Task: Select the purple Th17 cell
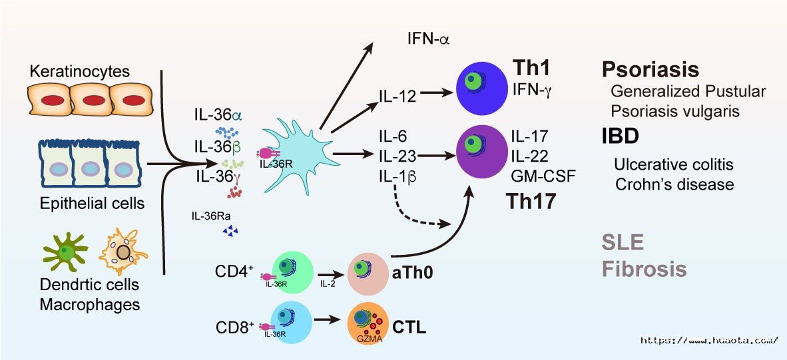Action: coord(482,152)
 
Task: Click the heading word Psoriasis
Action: coord(651,70)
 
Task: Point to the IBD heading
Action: coord(621,136)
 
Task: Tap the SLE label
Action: coord(623,243)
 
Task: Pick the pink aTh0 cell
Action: coord(368,273)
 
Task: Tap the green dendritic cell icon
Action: coord(65,251)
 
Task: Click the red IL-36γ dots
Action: coord(234,192)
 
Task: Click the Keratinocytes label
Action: coord(79,71)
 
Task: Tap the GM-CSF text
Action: coord(543,176)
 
